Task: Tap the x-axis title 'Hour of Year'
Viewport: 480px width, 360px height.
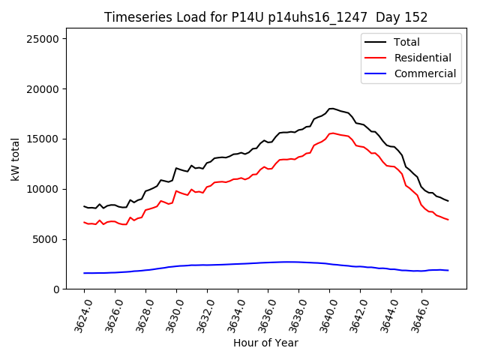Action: point(265,343)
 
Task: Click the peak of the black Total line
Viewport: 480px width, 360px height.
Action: point(331,108)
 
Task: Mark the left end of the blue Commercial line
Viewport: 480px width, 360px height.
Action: point(84,273)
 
